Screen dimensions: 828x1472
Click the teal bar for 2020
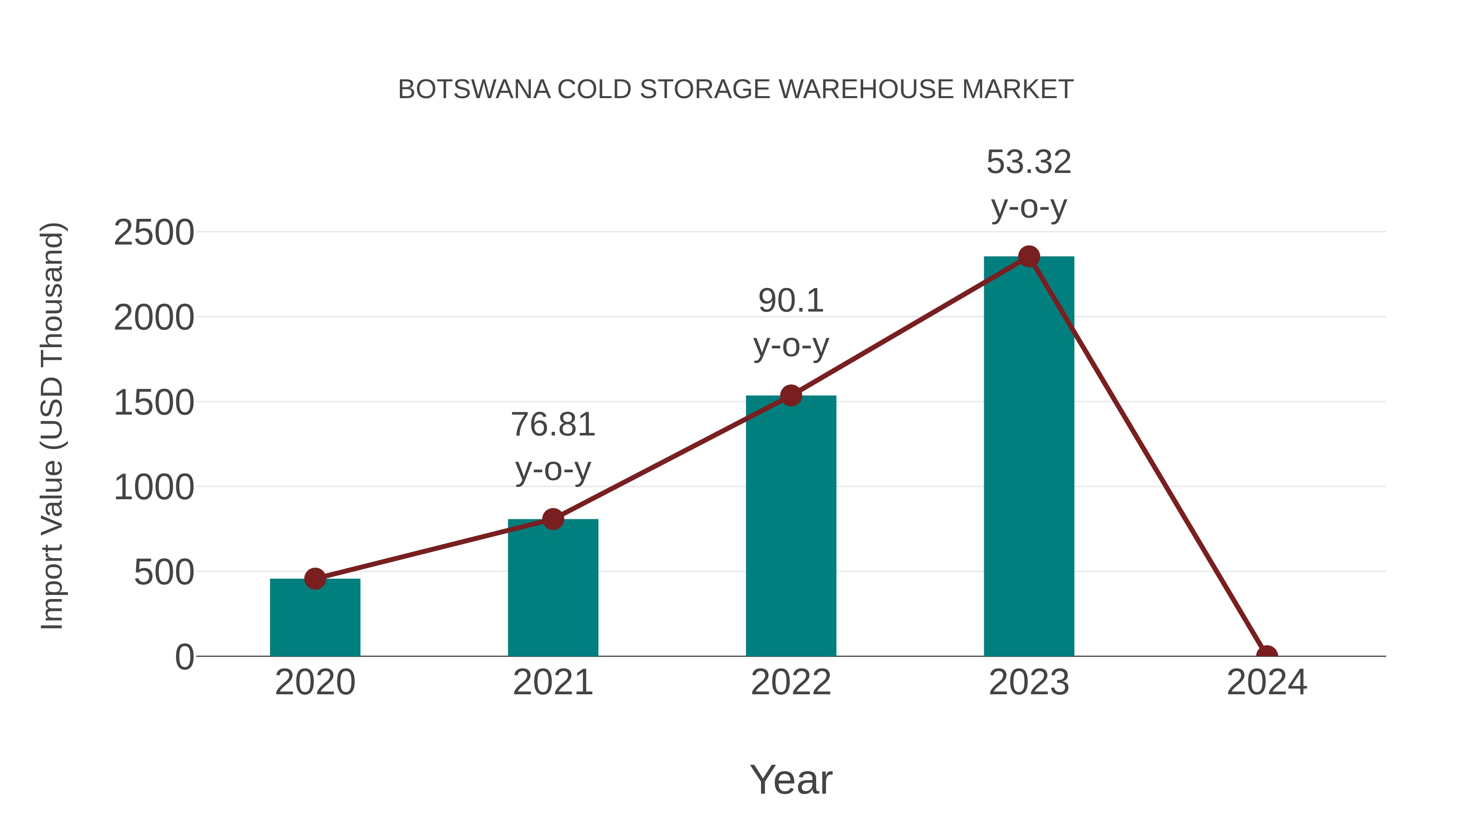coord(315,620)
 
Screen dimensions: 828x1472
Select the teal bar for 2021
coord(552,588)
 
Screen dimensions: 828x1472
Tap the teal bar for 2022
coord(790,526)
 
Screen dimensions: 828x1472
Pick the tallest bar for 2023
coord(1029,457)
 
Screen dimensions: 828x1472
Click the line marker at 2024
coord(1266,655)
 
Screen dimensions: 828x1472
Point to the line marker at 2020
coord(315,579)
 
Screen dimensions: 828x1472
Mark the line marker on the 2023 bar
coord(1029,256)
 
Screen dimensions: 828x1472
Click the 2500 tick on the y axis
coord(154,233)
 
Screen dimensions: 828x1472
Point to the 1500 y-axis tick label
coord(154,403)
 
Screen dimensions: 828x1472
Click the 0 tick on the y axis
coord(184,657)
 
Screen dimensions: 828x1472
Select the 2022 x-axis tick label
coord(790,682)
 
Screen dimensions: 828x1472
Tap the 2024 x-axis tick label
coord(1266,682)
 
